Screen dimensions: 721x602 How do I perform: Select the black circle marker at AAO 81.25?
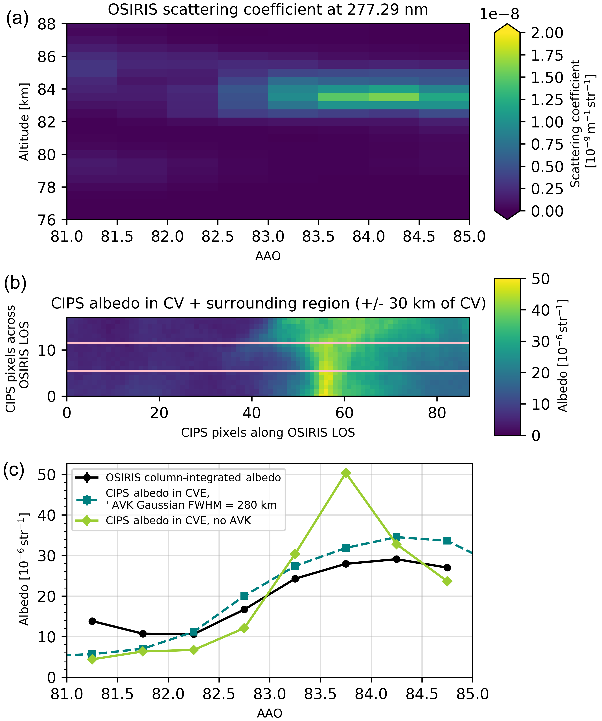(x=92, y=621)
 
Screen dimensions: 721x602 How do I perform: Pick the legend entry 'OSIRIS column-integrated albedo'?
(x=193, y=478)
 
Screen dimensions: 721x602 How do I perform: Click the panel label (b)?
(x=15, y=283)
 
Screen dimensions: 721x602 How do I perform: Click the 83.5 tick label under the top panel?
(x=318, y=237)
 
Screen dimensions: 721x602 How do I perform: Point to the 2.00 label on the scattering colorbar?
(x=547, y=33)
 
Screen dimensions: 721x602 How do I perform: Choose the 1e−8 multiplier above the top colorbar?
(x=499, y=14)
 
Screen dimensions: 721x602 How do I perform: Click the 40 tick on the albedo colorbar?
(x=540, y=310)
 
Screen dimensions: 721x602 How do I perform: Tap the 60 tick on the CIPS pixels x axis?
(x=344, y=413)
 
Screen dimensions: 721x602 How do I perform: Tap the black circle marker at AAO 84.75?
(x=447, y=568)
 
